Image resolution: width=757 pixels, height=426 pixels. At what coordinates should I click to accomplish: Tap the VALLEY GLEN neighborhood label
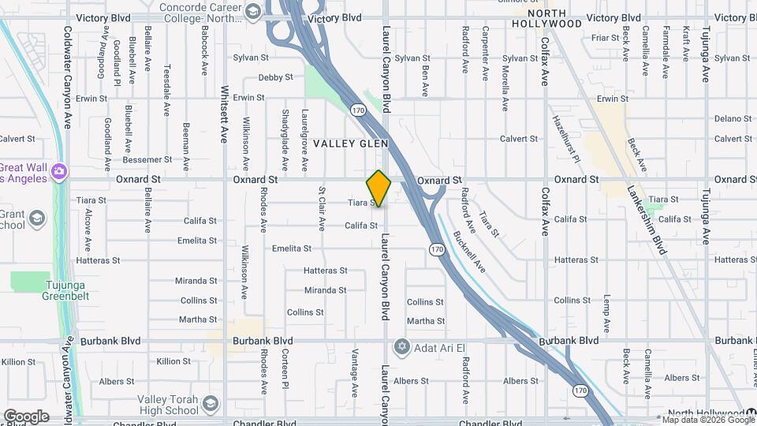346,144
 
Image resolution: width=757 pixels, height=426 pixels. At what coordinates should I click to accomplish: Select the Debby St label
276,77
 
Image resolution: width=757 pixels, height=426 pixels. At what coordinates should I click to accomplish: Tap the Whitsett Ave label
224,114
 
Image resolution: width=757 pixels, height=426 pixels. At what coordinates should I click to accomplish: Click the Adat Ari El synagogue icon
401,346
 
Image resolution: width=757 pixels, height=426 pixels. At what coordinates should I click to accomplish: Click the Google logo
26,417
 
